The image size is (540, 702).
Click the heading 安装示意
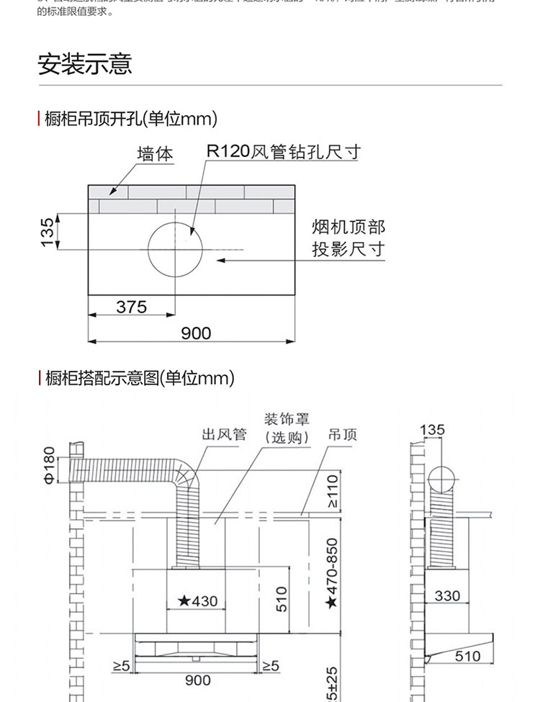pos(84,64)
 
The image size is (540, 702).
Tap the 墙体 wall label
pos(156,153)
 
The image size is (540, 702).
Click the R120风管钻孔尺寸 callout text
pos(283,152)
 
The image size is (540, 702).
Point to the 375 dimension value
pos(132,307)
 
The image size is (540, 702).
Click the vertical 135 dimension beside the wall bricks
pos(48,232)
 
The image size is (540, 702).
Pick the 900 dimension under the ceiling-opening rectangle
pos(196,333)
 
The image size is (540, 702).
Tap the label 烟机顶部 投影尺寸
pos(348,239)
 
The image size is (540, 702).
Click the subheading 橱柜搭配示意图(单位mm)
pos(140,377)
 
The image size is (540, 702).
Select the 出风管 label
pos(224,434)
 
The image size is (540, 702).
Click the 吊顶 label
pos(343,434)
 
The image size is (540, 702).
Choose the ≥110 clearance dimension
pos(332,491)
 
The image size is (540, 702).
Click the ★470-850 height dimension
pos(331,573)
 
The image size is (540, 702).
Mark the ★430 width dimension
pos(197,600)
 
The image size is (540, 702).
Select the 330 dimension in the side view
pos(447,596)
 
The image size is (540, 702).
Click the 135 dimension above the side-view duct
pos(432,431)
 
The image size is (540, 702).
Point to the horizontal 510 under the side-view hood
pos(467,656)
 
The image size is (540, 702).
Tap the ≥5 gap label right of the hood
pos(270,666)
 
